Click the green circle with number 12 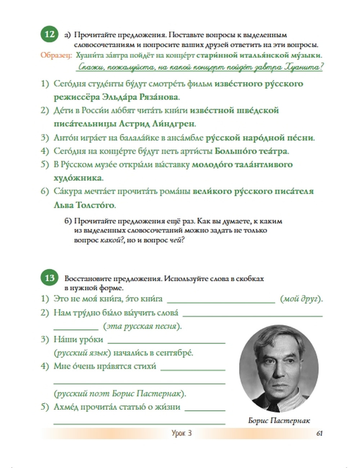point(49,35)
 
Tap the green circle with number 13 point(49,278)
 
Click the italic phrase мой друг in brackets point(301,299)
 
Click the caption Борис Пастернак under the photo point(279,420)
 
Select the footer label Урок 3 point(181,433)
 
